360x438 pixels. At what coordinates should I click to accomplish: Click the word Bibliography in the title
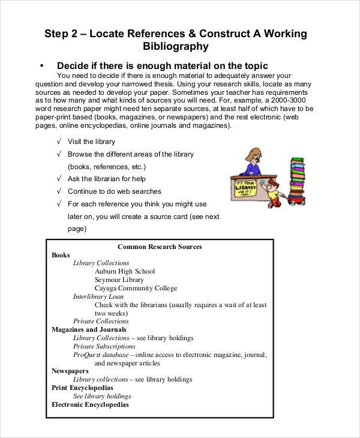click(176, 46)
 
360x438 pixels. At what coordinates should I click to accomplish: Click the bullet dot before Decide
click(41, 65)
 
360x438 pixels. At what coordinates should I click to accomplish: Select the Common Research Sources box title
click(160, 247)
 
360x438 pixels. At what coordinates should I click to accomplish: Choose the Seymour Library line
click(119, 280)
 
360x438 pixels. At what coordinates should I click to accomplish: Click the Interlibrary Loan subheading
click(98, 296)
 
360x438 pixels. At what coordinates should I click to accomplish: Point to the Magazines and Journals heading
click(89, 329)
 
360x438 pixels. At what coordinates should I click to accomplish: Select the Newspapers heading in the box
click(70, 371)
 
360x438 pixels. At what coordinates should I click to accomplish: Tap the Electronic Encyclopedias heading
click(90, 404)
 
